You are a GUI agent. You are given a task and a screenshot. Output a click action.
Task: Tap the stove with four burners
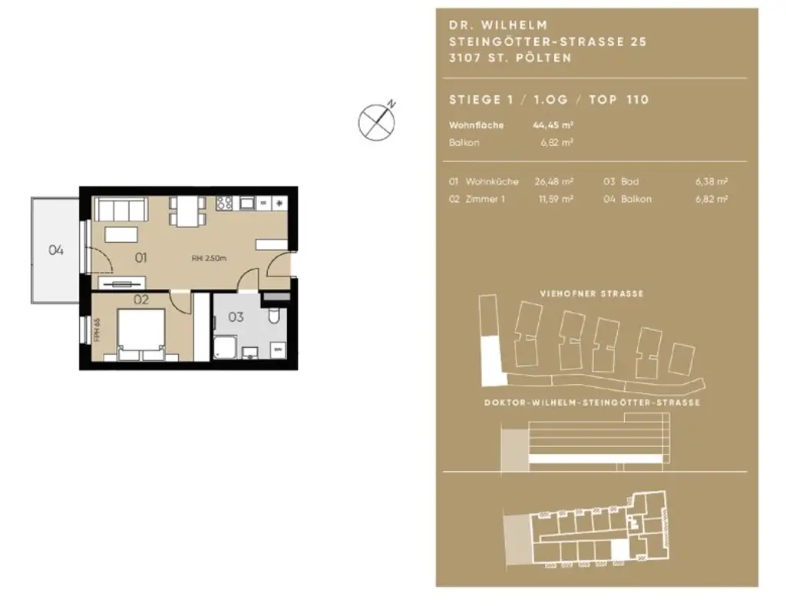(225, 204)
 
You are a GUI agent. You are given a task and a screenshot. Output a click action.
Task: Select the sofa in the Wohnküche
(120, 209)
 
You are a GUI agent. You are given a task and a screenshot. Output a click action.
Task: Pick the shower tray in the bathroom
(226, 346)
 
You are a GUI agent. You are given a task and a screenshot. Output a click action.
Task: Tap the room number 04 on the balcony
(55, 250)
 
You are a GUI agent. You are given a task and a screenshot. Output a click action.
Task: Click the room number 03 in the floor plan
(235, 316)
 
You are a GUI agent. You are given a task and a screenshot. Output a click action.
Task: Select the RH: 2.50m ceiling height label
(209, 258)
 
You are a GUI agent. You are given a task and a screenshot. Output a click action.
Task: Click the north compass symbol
(378, 121)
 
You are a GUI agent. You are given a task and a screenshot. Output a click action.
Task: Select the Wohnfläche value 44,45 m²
(553, 124)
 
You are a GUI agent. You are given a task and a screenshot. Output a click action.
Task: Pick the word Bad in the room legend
(629, 182)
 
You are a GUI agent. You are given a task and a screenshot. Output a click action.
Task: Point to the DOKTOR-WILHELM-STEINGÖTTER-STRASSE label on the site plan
(591, 403)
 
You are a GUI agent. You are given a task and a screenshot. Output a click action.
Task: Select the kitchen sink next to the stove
(247, 204)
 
